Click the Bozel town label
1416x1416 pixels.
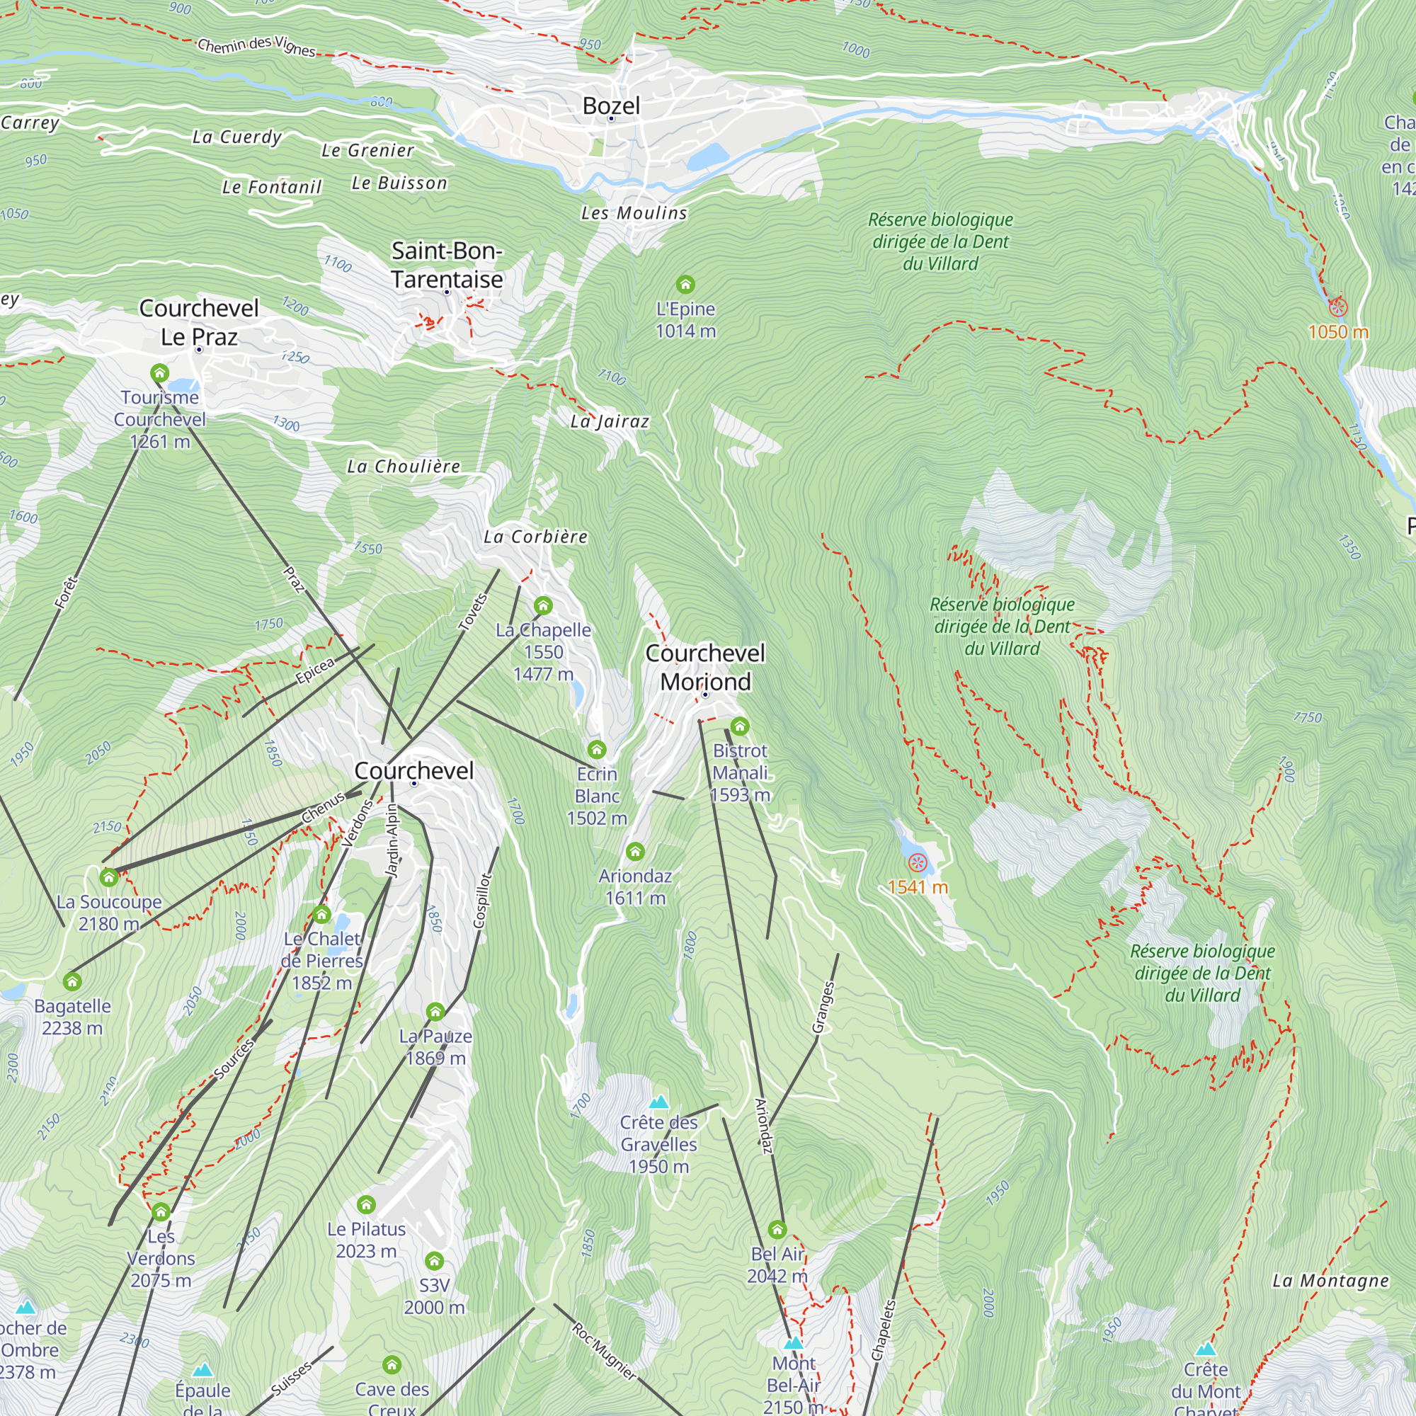pyautogui.click(x=610, y=105)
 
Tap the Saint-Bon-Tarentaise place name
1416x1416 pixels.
pyautogui.click(x=446, y=265)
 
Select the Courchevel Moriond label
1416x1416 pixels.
pyautogui.click(x=704, y=667)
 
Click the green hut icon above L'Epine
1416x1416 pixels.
pyautogui.click(x=685, y=284)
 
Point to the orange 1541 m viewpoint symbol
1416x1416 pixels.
pyautogui.click(x=917, y=863)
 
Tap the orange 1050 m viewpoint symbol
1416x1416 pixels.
pyautogui.click(x=1337, y=307)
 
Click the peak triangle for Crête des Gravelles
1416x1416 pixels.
pyautogui.click(x=659, y=1102)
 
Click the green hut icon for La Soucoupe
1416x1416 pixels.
pyautogui.click(x=109, y=877)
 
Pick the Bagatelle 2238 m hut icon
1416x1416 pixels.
pyautogui.click(x=72, y=981)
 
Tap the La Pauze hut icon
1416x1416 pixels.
pyautogui.click(x=435, y=1012)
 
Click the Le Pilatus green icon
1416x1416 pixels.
pyautogui.click(x=366, y=1205)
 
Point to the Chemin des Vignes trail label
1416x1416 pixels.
pyautogui.click(x=256, y=46)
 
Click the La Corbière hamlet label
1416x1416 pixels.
pyautogui.click(x=535, y=537)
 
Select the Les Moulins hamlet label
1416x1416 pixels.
pyautogui.click(x=634, y=213)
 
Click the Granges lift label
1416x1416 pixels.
pyautogui.click(x=824, y=1007)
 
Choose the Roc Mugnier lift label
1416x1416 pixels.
pyautogui.click(x=604, y=1352)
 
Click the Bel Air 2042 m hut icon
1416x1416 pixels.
pyautogui.click(x=777, y=1229)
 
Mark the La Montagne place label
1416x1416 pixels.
pyautogui.click(x=1330, y=1280)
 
